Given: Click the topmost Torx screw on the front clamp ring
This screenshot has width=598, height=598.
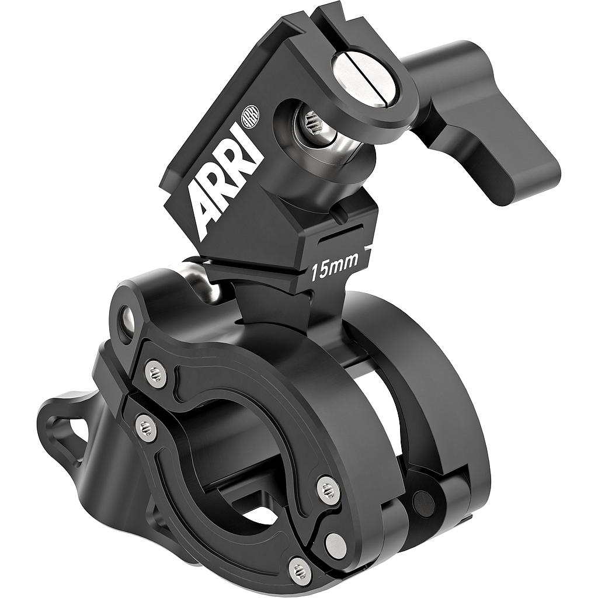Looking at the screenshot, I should point(155,373).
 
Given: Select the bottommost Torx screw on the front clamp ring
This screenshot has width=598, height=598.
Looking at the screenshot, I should point(300,568).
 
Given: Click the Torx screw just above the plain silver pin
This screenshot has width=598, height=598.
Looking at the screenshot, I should point(328,489).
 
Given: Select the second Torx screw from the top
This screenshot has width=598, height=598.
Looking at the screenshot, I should point(145,427).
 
